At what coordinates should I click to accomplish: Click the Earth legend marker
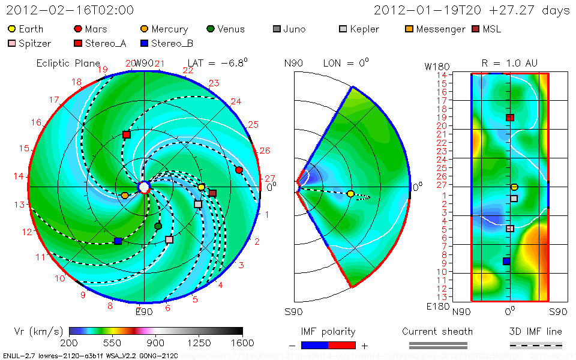11,29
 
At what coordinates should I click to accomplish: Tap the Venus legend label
231,29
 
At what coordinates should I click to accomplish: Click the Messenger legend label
440,29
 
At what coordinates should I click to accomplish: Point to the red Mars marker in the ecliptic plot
239,170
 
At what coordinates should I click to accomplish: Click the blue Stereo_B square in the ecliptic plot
118,241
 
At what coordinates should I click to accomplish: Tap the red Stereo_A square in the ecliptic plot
127,135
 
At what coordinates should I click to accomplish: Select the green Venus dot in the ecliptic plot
158,226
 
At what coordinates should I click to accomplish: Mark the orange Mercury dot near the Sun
125,196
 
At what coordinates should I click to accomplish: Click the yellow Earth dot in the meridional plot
350,194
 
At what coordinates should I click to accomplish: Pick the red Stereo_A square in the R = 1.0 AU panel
510,118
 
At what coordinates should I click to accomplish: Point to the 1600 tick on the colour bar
242,343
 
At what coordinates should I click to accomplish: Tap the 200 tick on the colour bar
70,343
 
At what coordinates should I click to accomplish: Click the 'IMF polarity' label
328,331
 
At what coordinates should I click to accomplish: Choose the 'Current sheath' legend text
437,331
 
